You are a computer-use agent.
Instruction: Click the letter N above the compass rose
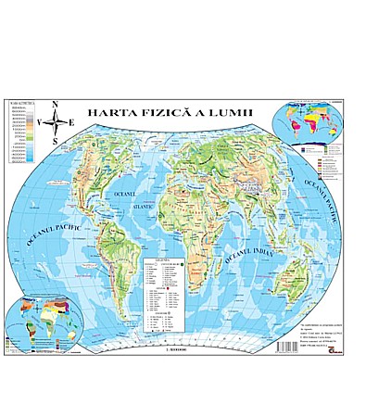[55, 103]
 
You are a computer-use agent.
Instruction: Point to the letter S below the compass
[56, 140]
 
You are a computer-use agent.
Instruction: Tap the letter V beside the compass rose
[41, 121]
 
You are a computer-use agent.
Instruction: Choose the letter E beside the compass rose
[71, 121]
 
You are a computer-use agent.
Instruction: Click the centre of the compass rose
[56, 121]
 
